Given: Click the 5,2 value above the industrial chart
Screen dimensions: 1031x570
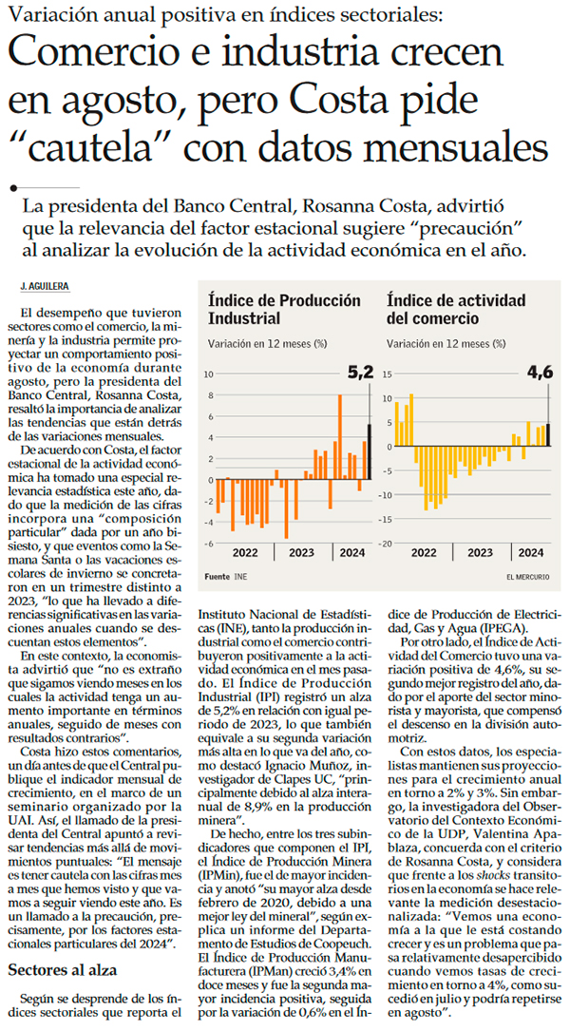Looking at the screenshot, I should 360,373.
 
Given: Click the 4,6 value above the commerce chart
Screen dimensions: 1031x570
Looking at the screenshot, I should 540,373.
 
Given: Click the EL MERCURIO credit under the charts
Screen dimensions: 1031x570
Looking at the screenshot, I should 529,577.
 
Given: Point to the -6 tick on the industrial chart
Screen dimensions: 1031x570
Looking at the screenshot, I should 210,543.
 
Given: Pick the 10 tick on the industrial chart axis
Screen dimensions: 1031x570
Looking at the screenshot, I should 209,373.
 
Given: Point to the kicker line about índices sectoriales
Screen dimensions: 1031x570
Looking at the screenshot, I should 231,13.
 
